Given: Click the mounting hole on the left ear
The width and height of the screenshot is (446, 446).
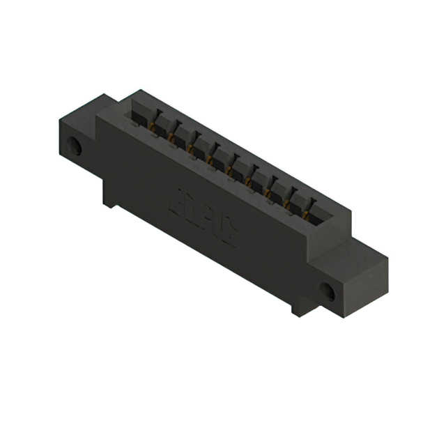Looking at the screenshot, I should click(x=75, y=147).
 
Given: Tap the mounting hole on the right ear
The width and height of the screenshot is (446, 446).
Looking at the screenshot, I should click(x=327, y=291).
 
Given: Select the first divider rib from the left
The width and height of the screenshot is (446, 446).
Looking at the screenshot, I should click(x=154, y=119).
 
